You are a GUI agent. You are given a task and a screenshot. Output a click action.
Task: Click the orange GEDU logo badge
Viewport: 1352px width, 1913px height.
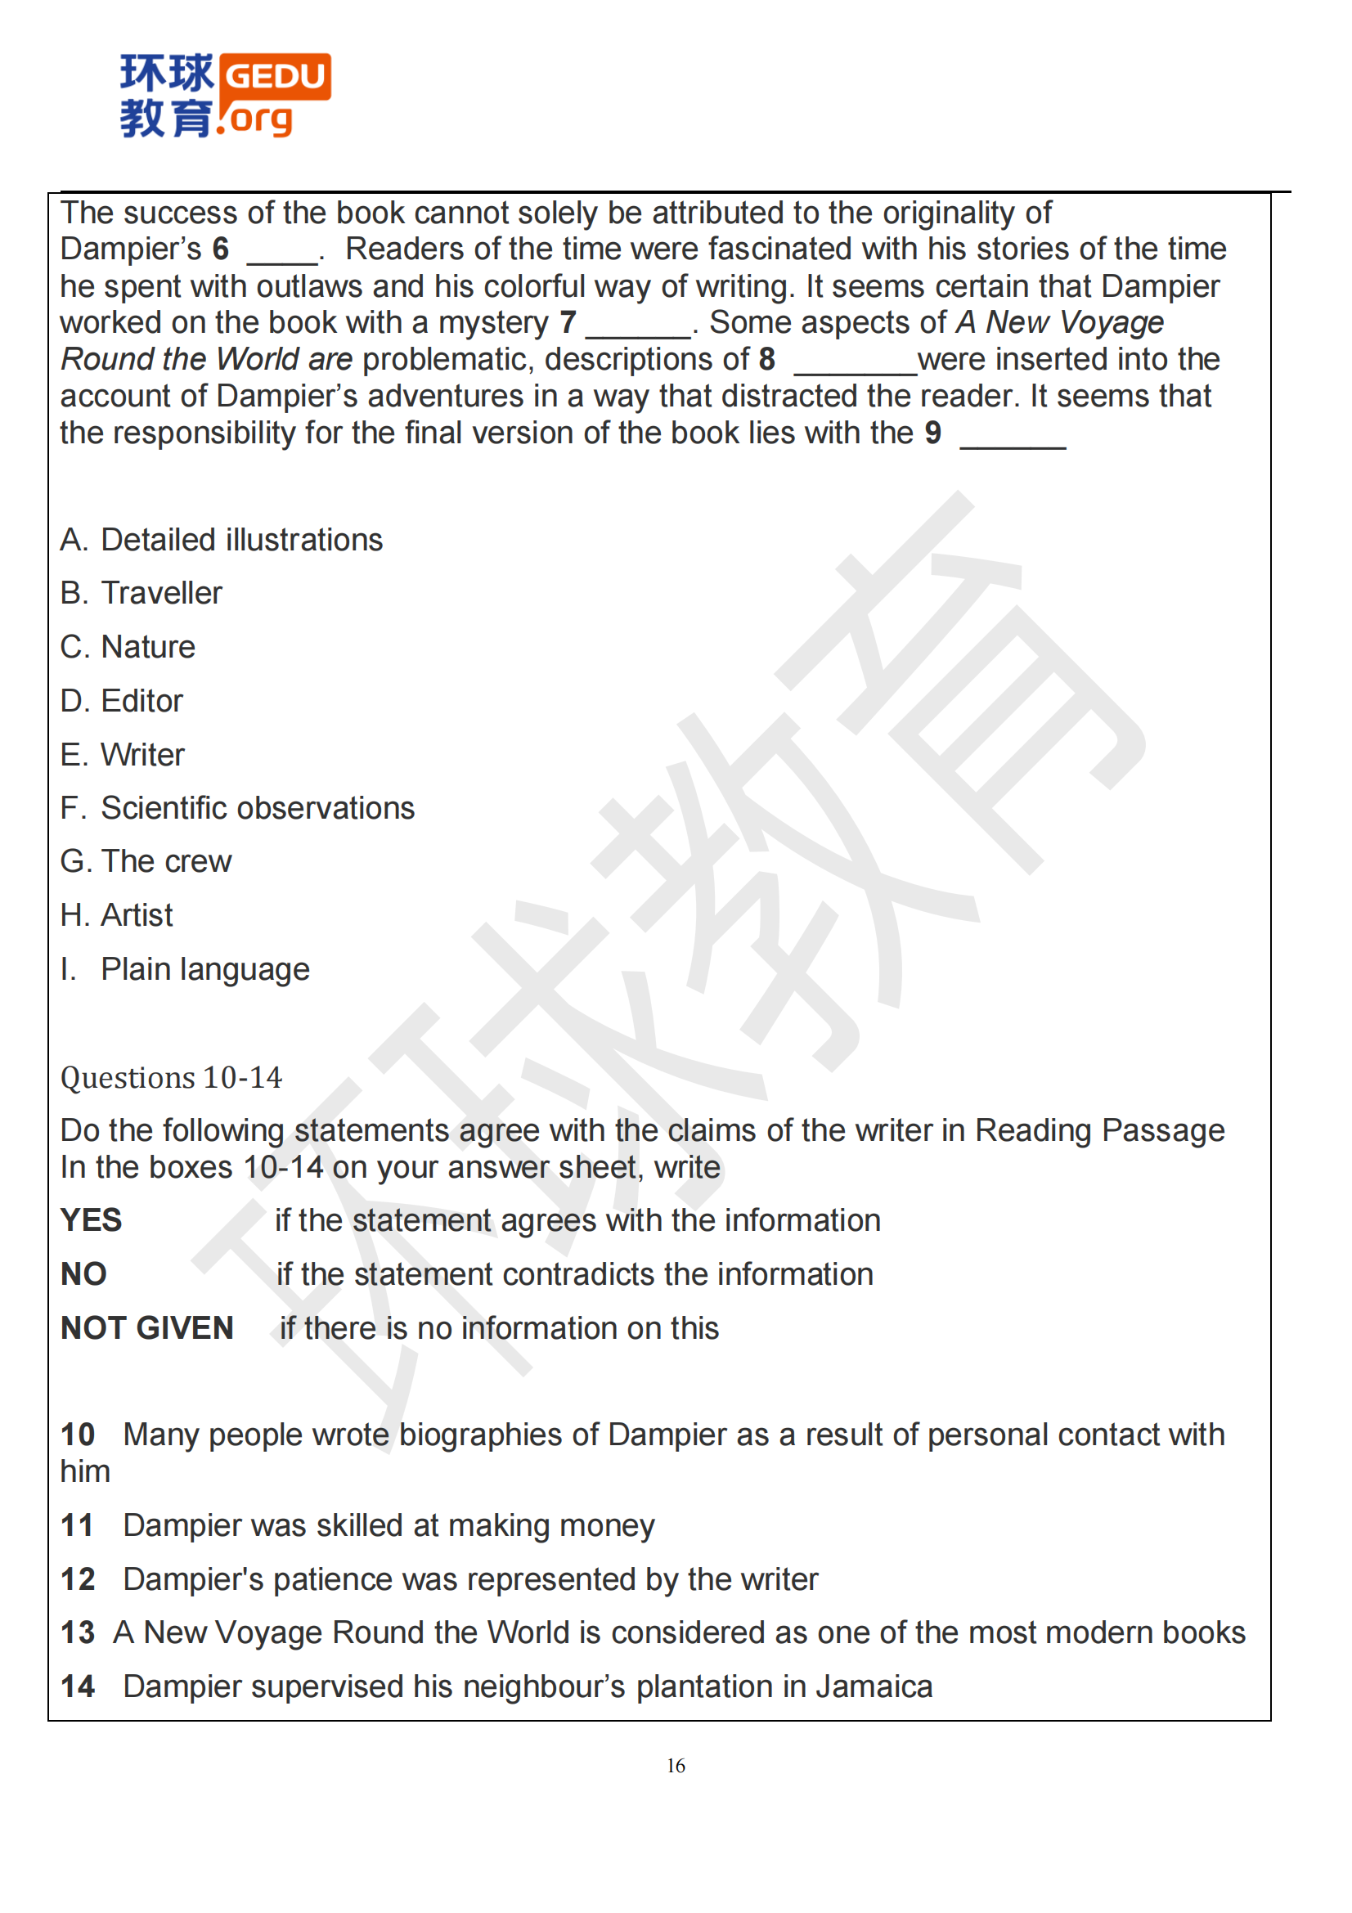pos(275,77)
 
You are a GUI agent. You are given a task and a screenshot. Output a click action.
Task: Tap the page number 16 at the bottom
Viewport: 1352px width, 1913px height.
pos(676,1766)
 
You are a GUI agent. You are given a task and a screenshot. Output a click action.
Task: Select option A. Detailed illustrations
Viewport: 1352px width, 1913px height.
pos(222,540)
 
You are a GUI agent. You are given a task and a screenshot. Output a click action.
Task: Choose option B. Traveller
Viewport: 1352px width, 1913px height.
pos(141,593)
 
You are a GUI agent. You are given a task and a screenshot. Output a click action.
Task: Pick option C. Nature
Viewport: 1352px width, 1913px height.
pos(128,648)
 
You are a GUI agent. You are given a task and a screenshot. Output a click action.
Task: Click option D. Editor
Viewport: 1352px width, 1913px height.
pos(122,701)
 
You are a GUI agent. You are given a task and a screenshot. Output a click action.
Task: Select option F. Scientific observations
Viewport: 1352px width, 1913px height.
pos(237,808)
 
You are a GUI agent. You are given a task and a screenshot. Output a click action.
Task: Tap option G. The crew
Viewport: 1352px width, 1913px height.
pos(146,861)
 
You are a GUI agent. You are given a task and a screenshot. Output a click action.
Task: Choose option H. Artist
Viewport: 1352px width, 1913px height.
pos(117,916)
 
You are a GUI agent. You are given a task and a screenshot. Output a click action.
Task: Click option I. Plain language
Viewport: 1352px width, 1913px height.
pos(185,969)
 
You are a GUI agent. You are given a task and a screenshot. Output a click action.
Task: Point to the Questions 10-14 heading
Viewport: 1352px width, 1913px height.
pos(172,1077)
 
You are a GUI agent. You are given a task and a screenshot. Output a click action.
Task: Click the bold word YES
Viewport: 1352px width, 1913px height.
pos(92,1220)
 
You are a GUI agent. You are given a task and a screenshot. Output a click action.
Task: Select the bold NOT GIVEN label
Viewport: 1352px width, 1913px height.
pos(147,1328)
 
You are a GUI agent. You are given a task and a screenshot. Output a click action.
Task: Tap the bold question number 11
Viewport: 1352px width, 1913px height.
pos(78,1525)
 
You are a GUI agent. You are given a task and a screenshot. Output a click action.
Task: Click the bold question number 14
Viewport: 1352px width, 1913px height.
pos(79,1686)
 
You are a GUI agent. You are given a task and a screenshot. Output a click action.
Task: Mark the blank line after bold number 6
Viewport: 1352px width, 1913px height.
pos(283,258)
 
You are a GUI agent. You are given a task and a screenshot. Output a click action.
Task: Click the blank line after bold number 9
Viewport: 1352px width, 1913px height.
pos(1012,442)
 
